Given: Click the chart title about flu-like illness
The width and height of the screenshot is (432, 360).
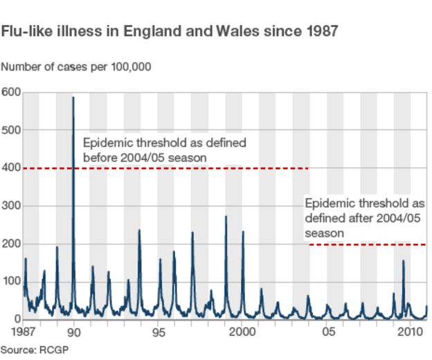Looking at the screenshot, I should coord(170,32).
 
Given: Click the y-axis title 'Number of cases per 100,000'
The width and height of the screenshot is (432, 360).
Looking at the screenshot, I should coord(76,67).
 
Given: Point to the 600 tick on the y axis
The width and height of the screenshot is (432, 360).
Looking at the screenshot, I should coord(10,92).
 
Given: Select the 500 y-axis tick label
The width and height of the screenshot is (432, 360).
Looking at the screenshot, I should coord(10,130).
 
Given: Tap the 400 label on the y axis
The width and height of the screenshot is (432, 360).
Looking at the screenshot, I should coord(10,168).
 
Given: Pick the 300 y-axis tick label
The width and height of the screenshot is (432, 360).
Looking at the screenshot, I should coord(10,206).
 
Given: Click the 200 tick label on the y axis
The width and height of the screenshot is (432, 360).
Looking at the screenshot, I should coord(10,244).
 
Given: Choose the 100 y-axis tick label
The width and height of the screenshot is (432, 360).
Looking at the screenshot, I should coord(10,282).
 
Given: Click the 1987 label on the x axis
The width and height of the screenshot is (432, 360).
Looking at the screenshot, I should coord(26,331).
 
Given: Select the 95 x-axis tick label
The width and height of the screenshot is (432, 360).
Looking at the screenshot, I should coord(159,331).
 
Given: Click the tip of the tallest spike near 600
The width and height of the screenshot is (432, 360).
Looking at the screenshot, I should coord(73,98).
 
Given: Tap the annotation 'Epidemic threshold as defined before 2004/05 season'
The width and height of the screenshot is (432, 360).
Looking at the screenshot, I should coord(165,150).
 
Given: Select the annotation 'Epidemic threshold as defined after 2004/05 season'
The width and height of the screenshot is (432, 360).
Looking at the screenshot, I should coord(365,218).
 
